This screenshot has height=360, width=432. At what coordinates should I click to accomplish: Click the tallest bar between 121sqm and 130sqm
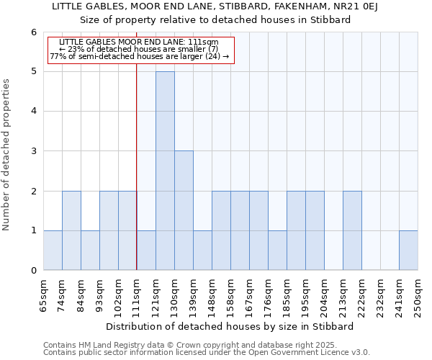click(x=165, y=171)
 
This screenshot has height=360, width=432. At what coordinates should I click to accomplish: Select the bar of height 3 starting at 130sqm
click(x=184, y=210)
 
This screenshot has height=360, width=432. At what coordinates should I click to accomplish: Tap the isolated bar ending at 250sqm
click(x=408, y=250)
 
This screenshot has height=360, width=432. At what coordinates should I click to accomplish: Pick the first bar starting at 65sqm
click(x=53, y=250)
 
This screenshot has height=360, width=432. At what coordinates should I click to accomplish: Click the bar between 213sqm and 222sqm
click(x=352, y=230)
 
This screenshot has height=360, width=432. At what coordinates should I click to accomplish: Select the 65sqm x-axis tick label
click(x=43, y=294)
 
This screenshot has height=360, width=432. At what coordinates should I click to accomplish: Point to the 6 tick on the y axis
click(x=33, y=32)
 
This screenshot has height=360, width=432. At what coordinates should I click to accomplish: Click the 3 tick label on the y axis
click(x=33, y=151)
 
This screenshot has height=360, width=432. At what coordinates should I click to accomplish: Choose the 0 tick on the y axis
click(x=33, y=271)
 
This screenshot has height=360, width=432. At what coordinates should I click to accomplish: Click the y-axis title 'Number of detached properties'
click(x=7, y=154)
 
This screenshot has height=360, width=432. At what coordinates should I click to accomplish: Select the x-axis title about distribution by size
click(x=230, y=326)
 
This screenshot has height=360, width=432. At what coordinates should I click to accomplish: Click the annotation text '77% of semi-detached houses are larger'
click(x=140, y=56)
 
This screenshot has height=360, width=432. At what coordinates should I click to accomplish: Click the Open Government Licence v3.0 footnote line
click(x=207, y=352)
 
